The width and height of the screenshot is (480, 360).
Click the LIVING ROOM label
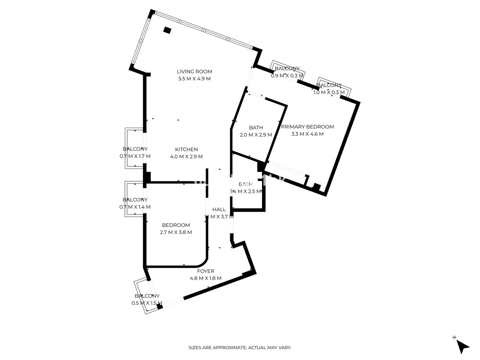coord(194,72)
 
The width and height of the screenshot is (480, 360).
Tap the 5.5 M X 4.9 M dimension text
coord(194,79)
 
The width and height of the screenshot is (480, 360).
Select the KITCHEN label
coord(186,149)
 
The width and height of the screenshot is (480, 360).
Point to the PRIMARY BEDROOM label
coord(307,127)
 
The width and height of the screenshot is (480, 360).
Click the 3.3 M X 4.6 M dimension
coord(307,134)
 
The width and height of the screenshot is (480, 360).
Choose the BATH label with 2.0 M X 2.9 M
coord(256,128)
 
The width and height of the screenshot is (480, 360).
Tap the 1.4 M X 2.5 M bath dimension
coord(246,192)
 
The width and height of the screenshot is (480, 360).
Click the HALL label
coord(219,210)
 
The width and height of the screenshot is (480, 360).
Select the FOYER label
coord(206,271)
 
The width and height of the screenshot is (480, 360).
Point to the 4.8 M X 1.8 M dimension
coord(206,278)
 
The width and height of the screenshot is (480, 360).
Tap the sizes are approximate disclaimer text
coord(240,348)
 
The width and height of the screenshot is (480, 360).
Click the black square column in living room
coord(167,30)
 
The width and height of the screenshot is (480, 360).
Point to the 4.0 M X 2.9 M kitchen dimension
coord(186,156)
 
